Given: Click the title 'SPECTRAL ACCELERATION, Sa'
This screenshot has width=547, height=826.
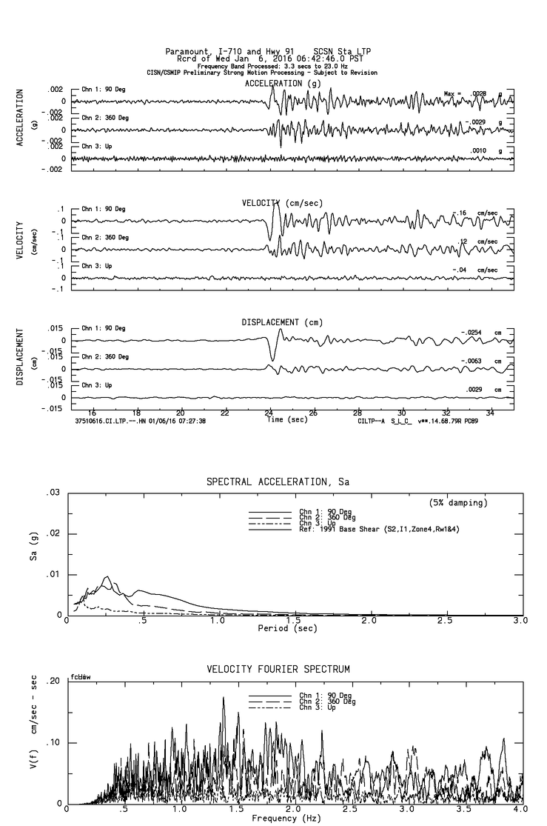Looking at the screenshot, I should pyautogui.click(x=278, y=482).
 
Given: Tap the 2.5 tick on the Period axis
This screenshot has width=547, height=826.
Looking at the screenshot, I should pyautogui.click(x=446, y=621).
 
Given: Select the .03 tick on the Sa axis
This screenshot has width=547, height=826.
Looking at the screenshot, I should pyautogui.click(x=53, y=493).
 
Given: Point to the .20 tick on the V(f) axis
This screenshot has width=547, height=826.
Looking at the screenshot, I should pyautogui.click(x=53, y=681).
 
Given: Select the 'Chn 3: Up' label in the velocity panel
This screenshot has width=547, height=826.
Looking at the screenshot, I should pyautogui.click(x=96, y=265).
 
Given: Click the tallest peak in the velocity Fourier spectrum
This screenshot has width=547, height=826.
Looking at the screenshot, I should pyautogui.click(x=223, y=698).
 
